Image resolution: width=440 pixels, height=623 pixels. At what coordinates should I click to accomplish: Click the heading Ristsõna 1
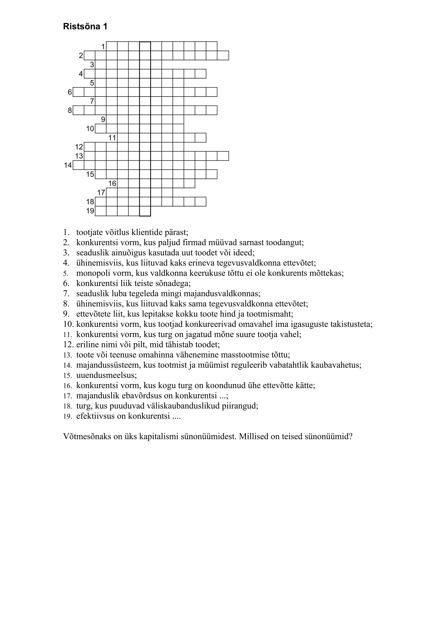pos(85,27)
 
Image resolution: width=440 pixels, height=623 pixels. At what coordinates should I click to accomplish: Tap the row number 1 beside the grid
pos(103,47)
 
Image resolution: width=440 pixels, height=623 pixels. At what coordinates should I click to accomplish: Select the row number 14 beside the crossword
pos(68,165)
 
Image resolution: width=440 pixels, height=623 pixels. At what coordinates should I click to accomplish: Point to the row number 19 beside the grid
pos(90,211)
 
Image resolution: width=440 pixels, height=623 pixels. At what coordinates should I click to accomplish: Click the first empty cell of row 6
pos(78,92)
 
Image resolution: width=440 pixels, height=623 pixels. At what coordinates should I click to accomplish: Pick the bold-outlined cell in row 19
pos(145,211)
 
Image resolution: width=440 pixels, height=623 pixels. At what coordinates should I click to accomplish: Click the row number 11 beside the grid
pos(112,138)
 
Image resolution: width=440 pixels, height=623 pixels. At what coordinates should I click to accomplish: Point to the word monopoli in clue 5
pos(91,273)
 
